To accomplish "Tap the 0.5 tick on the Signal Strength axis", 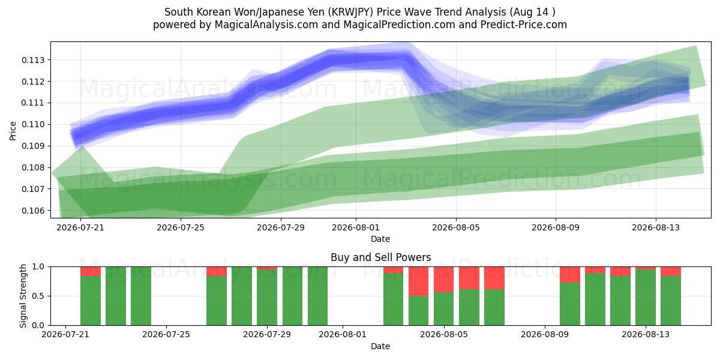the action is tap(38, 296).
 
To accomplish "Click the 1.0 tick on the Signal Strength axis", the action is tap(38, 267).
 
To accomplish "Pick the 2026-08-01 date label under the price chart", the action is tap(355, 227).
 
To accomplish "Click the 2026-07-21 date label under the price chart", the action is tap(80, 227).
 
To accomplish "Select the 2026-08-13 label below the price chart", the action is tap(656, 227).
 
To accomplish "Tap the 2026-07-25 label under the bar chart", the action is tap(166, 334).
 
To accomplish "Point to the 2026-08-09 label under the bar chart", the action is tap(545, 334).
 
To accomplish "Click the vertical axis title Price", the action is tap(13, 131).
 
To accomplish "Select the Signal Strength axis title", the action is tap(23, 296).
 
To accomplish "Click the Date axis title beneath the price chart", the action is tap(380, 239).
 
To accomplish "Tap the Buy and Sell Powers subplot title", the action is tap(380, 257).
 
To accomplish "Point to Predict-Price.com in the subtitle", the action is tap(524, 25).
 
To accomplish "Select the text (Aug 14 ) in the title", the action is tap(532, 12).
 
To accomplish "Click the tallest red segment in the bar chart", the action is tap(419, 281).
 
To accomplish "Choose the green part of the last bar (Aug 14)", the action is tap(671, 301).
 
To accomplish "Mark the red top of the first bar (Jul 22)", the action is tap(91, 271).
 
